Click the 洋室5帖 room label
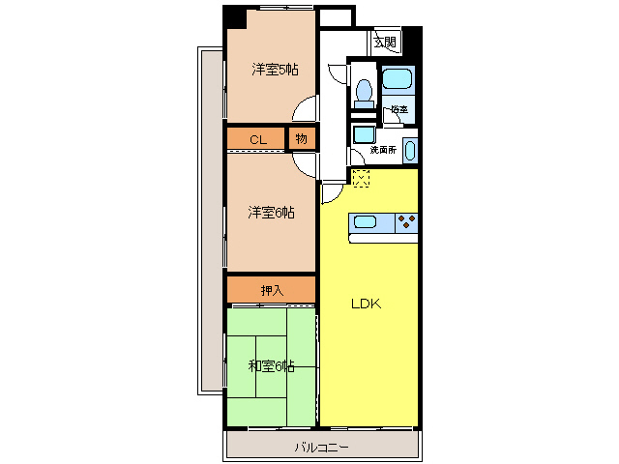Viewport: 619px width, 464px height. [x=275, y=70]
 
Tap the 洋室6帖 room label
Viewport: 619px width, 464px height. [x=271, y=213]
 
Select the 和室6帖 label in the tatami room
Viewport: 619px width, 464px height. [x=271, y=366]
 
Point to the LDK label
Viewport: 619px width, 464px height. [x=367, y=304]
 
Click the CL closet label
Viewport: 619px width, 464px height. [x=258, y=139]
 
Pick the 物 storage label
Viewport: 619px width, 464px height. [x=302, y=138]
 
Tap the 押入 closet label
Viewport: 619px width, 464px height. [x=272, y=290]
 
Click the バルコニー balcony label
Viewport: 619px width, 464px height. [x=322, y=448]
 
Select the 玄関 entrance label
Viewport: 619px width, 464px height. [x=385, y=42]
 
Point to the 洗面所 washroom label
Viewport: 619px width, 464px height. [x=383, y=150]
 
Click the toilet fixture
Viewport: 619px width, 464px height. [x=364, y=94]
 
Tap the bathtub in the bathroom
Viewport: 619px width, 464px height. [x=398, y=79]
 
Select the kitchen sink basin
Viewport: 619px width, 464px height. [x=365, y=222]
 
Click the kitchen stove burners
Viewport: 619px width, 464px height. [x=406, y=222]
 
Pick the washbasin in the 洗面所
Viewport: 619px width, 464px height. [x=410, y=151]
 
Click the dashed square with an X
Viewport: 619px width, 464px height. [x=361, y=178]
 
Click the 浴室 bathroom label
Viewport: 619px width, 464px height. [x=399, y=109]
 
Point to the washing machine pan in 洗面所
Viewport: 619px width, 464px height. [x=364, y=135]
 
